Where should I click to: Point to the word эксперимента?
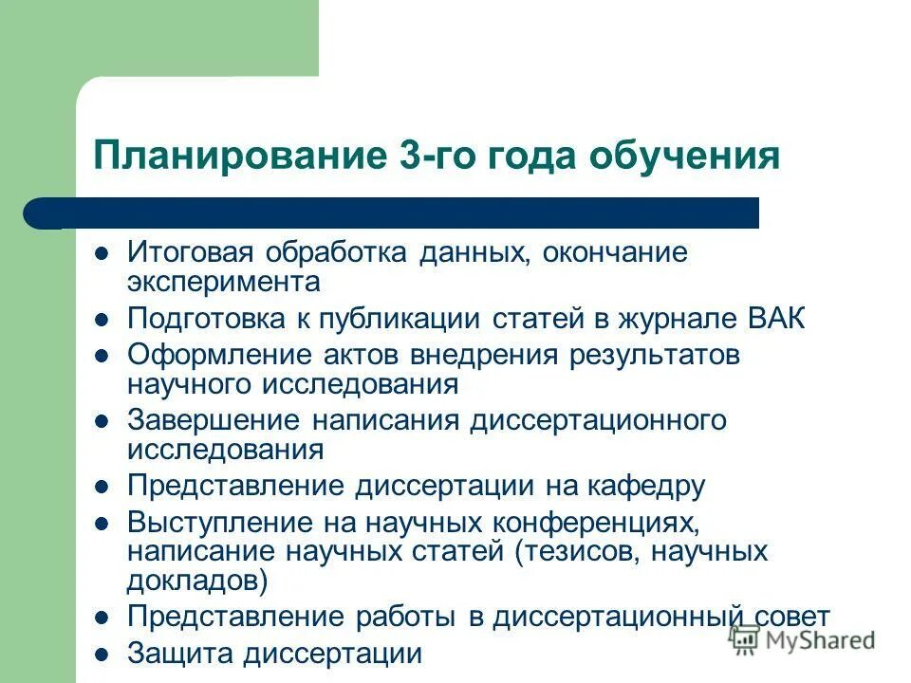coord(224,282)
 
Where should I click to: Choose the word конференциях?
coord(596,523)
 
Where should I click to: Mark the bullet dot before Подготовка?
coord(103,319)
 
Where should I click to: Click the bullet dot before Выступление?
coord(103,524)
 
